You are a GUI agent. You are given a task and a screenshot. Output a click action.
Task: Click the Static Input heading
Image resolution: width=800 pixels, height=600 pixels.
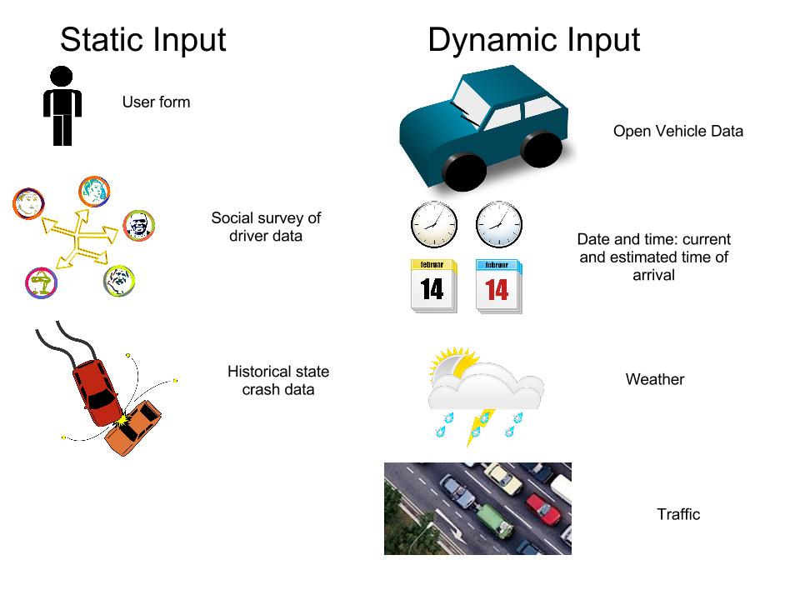(142, 39)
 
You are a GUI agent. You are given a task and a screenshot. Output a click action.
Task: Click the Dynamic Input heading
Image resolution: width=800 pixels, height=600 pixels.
(533, 39)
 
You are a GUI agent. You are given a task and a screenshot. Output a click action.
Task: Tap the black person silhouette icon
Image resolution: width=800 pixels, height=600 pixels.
(62, 106)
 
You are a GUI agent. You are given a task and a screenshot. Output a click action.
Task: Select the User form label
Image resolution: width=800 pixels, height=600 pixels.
(156, 102)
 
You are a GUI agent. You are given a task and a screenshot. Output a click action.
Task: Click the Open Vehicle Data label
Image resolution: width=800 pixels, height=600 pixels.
(677, 131)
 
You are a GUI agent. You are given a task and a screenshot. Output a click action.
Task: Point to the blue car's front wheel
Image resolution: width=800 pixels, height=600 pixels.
(464, 172)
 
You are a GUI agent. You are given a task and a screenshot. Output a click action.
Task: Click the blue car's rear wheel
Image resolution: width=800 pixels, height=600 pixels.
(541, 148)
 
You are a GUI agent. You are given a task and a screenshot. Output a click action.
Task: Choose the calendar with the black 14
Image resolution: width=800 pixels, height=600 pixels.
(433, 286)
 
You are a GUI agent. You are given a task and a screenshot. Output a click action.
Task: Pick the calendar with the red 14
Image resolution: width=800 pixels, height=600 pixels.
(498, 286)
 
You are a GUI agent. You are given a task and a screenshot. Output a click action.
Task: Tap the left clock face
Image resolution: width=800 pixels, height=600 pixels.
(434, 224)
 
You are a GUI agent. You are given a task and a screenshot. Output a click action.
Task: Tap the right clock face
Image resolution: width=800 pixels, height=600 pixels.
(498, 224)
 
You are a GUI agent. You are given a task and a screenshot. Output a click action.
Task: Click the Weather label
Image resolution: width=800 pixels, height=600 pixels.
(654, 379)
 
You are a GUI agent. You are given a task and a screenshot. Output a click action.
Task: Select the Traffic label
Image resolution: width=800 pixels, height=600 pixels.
(677, 514)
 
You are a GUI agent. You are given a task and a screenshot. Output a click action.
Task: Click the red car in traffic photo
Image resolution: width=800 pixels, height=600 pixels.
(542, 508)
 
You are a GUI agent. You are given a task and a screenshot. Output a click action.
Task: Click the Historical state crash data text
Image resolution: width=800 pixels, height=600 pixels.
(277, 380)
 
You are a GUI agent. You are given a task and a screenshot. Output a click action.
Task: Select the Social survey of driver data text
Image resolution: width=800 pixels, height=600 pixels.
(265, 227)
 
